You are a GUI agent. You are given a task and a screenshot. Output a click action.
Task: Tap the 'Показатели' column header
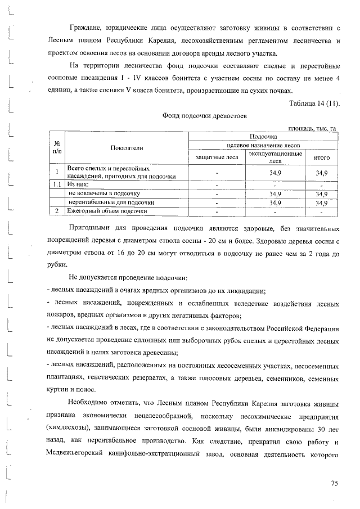(x=127, y=148)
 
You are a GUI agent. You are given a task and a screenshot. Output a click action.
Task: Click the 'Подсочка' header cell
(x=263, y=137)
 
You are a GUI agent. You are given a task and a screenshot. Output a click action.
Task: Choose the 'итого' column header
(x=321, y=158)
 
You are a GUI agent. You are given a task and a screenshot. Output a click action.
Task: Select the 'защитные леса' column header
(x=217, y=158)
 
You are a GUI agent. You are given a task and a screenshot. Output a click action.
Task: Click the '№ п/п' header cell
(x=57, y=148)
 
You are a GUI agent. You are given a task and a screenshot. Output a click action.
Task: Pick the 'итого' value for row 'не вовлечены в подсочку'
(x=321, y=193)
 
